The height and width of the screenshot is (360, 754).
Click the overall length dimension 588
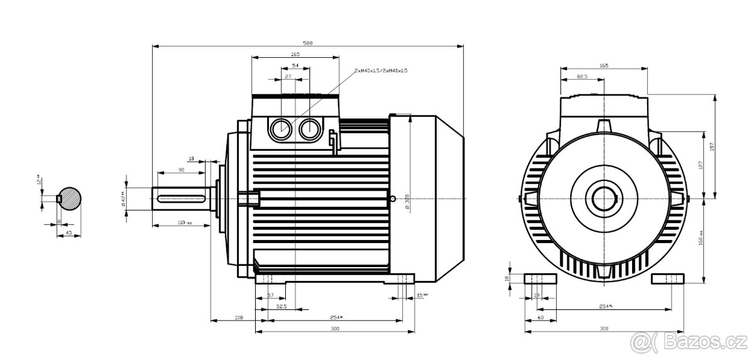(308, 43)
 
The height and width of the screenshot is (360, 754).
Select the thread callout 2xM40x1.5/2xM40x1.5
(381, 71)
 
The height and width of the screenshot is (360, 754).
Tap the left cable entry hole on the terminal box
(280, 129)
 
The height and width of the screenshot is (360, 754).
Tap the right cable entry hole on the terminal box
(309, 129)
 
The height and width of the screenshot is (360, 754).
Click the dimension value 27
(288, 77)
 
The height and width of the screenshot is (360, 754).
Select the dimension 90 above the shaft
(181, 170)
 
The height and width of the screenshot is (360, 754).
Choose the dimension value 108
(239, 319)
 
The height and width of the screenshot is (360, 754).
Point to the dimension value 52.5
(282, 307)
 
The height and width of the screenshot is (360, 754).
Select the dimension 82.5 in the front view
(582, 77)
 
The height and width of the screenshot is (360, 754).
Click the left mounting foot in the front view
(540, 279)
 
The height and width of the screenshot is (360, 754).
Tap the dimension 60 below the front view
(540, 319)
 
